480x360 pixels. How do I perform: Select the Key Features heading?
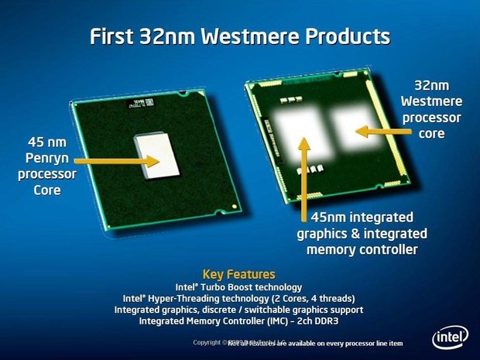click(x=238, y=274)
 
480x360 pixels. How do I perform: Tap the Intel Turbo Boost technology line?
click(x=238, y=286)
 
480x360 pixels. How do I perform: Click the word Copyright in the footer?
click(x=207, y=341)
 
